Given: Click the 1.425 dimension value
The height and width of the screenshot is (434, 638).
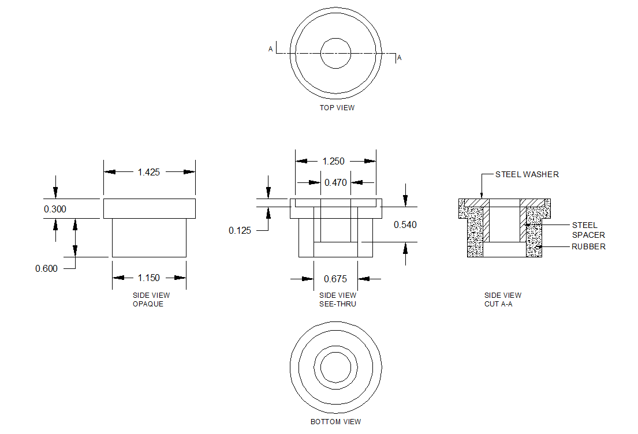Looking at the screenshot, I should click(149, 171).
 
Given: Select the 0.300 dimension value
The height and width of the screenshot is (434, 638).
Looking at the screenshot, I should click(55, 209).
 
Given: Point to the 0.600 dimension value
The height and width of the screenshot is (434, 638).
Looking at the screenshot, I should click(46, 268).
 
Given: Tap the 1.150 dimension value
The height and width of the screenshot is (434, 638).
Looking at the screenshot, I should click(149, 278).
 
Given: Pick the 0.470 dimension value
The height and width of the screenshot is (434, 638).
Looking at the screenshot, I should click(335, 182).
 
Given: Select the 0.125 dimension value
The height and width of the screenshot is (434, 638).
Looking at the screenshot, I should click(240, 230).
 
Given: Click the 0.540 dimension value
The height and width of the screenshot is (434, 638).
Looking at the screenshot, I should click(405, 225).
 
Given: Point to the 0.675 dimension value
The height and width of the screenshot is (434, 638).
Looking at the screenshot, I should click(335, 279).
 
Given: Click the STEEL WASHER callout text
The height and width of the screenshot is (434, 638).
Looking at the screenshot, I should click(527, 174).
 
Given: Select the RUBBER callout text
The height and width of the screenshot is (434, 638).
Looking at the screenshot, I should click(588, 246).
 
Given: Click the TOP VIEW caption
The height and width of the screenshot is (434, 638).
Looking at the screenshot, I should click(337, 108).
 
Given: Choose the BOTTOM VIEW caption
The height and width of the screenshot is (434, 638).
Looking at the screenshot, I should click(335, 422).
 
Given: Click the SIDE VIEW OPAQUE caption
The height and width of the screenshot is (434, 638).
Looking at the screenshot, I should click(149, 300).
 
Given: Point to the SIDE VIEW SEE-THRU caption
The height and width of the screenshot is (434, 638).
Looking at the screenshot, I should click(337, 300).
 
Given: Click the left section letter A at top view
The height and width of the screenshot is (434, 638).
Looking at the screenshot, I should click(270, 50).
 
